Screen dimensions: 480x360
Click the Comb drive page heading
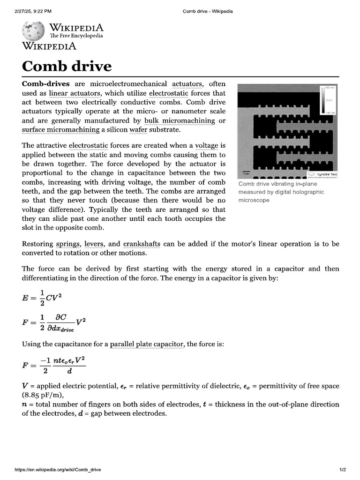[x=67, y=66]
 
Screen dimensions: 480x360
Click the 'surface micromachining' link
[x=60, y=130]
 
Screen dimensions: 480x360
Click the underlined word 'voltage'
[x=207, y=146]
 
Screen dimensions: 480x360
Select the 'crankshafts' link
[x=142, y=244]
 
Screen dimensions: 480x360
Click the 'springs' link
[x=68, y=244]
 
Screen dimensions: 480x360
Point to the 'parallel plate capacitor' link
[x=146, y=345]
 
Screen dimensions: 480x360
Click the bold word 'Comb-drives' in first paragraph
[x=46, y=84]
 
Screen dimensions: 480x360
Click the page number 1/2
[x=342, y=470]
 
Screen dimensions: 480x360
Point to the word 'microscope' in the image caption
[x=254, y=200]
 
